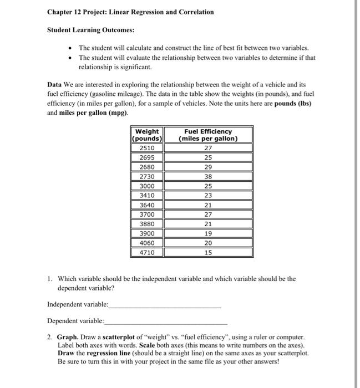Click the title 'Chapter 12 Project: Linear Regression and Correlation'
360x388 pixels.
click(x=130, y=12)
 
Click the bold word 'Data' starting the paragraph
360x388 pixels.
click(x=54, y=85)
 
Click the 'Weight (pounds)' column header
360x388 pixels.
click(x=147, y=135)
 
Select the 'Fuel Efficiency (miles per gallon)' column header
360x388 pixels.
click(x=208, y=135)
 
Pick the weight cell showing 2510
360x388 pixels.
click(x=147, y=148)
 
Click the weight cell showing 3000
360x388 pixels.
click(x=147, y=186)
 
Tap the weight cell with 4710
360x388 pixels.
click(x=147, y=252)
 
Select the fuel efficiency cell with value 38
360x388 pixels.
click(x=208, y=176)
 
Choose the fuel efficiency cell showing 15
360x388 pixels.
click(x=208, y=252)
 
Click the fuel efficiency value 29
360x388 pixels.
click(x=208, y=167)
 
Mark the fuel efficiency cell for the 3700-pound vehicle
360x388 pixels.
click(x=208, y=214)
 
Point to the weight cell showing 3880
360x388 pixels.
click(x=147, y=223)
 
